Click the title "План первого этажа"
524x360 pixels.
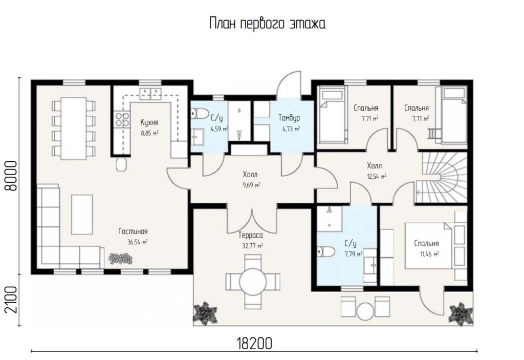pyautogui.click(x=267, y=24)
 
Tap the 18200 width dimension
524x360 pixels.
pyautogui.click(x=254, y=343)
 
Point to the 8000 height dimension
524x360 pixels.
pyautogui.click(x=11, y=176)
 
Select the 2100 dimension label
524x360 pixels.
pyautogui.click(x=11, y=300)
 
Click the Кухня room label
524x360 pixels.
pyautogui.click(x=149, y=122)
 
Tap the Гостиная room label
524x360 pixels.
pyautogui.click(x=133, y=231)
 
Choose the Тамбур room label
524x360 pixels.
pyautogui.click(x=289, y=118)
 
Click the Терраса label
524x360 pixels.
pyautogui.click(x=251, y=236)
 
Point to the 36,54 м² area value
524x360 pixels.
pyautogui.click(x=137, y=242)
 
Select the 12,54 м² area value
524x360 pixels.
pyautogui.click(x=377, y=176)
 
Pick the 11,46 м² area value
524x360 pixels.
pyautogui.click(x=429, y=254)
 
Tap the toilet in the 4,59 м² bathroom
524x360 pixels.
pyautogui.click(x=200, y=113)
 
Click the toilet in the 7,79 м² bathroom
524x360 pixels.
pyautogui.click(x=326, y=251)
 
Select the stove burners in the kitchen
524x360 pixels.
pyautogui.click(x=122, y=119)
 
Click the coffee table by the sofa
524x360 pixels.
pyautogui.click(x=82, y=215)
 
